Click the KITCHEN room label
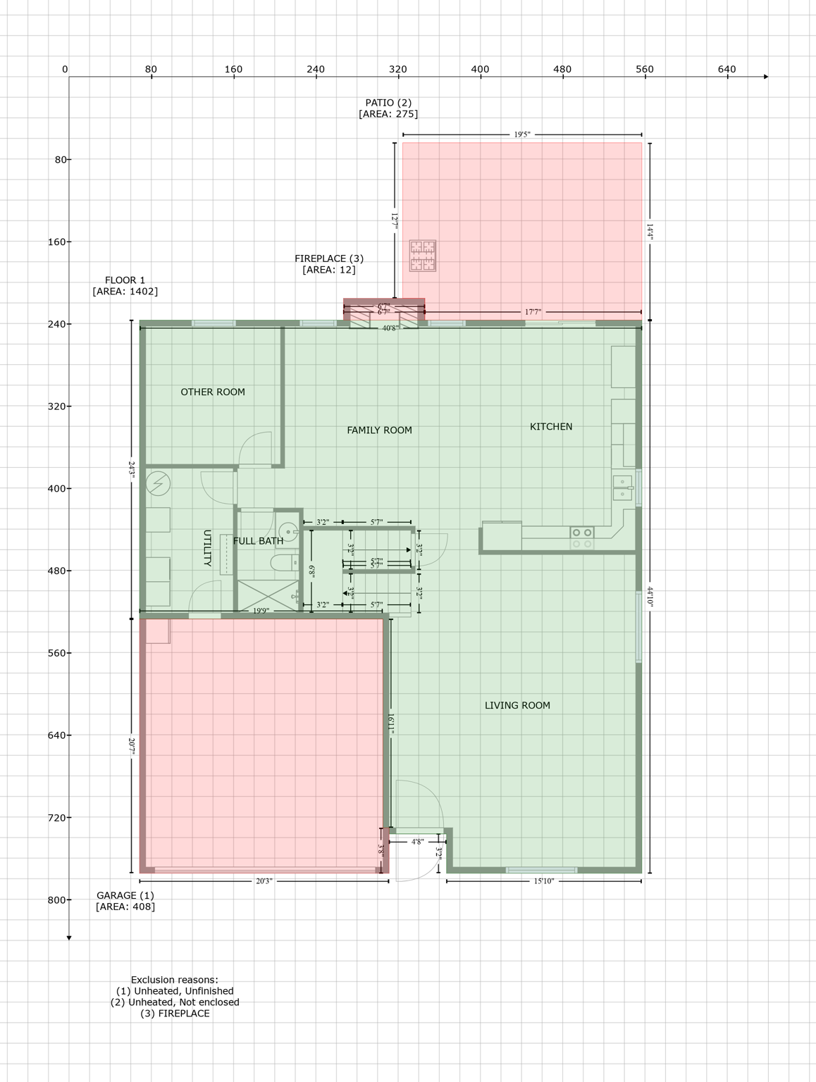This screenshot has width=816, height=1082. [550, 426]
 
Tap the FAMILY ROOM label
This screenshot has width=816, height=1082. [379, 430]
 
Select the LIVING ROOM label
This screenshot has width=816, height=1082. [517, 705]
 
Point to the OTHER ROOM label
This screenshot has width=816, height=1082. [213, 392]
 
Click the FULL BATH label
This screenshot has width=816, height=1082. [258, 541]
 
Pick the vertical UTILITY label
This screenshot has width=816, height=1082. [207, 548]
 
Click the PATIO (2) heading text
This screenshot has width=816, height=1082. [388, 103]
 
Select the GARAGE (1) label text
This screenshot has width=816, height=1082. [125, 895]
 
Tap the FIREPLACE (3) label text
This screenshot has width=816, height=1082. [329, 259]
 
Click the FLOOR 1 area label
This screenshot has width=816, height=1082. [125, 280]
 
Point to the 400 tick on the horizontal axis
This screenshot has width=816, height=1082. [480, 69]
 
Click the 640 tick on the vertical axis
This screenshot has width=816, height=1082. [56, 735]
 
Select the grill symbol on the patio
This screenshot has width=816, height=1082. [423, 256]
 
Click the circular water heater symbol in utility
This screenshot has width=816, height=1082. [159, 483]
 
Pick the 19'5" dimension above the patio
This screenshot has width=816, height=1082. [521, 134]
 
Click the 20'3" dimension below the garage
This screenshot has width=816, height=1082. [264, 881]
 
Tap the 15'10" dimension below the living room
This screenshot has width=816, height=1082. [543, 881]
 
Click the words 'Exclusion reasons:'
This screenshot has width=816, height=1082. [175, 980]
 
